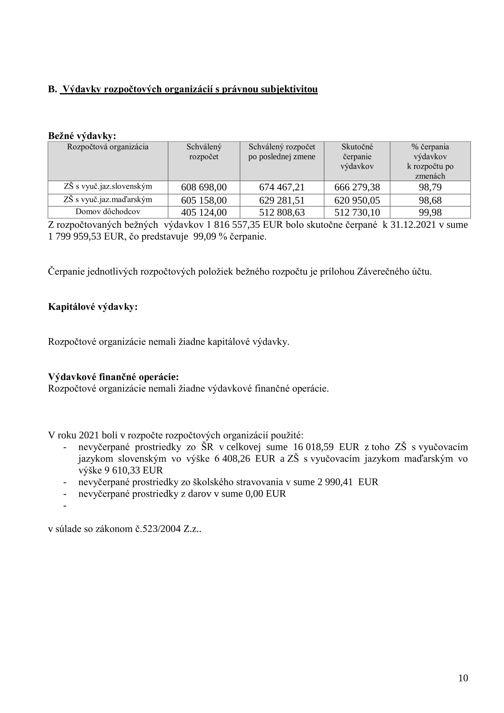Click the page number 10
463,678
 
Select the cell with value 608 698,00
204,188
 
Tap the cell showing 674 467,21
282,188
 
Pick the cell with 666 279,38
357,188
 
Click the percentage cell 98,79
430,188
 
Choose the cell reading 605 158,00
204,201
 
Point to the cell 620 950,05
357,201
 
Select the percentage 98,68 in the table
430,201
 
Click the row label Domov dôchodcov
108,212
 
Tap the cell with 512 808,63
282,213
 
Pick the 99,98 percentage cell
430,213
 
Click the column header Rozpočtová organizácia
108,147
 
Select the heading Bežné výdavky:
82,136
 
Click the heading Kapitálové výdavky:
93,307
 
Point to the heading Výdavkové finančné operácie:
113,377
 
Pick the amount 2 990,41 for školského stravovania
329,482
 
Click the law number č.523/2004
157,529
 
